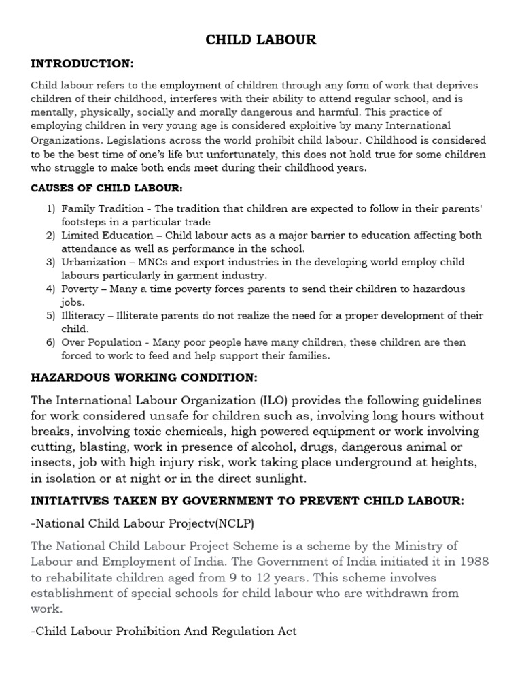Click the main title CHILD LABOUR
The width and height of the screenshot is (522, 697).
261,40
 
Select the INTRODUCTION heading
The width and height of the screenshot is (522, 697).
83,64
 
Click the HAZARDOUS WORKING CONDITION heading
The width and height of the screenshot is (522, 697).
144,378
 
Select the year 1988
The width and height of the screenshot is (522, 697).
474,562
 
